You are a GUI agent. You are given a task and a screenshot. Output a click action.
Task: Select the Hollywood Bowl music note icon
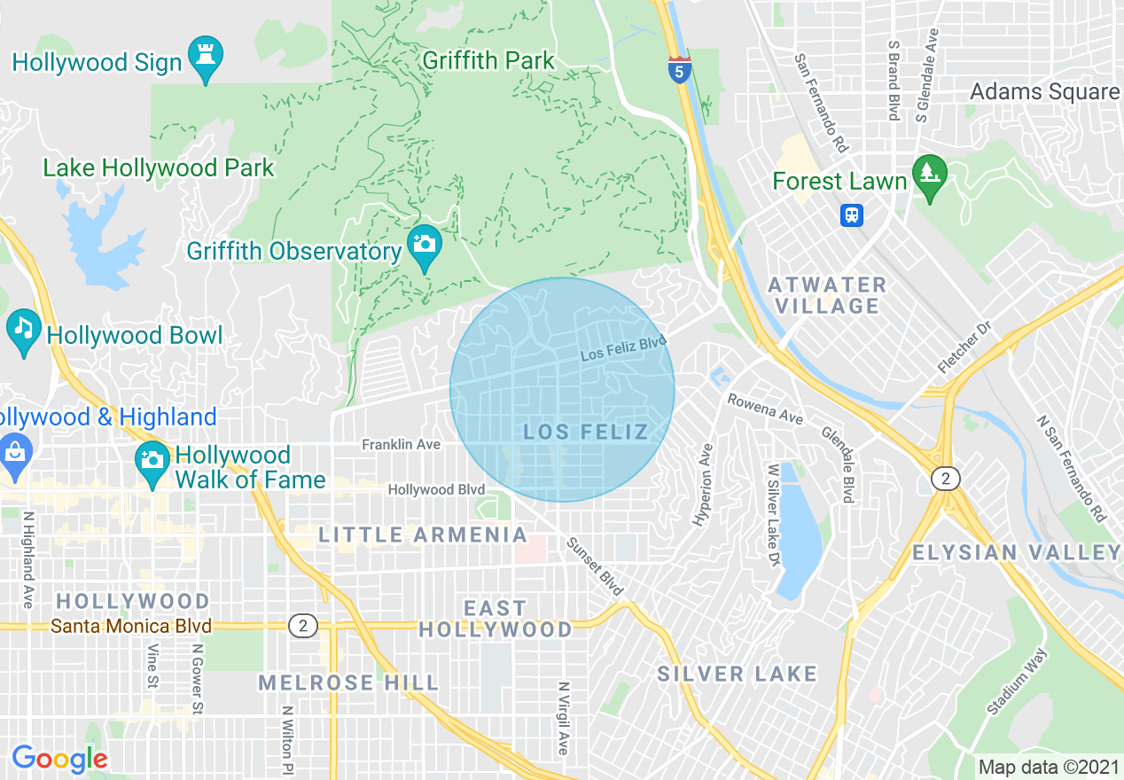pyautogui.click(x=23, y=331)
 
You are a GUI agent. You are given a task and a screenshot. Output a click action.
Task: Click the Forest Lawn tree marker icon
pyautogui.click(x=929, y=175)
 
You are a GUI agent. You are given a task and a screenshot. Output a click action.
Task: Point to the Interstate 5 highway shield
pyautogui.click(x=679, y=69)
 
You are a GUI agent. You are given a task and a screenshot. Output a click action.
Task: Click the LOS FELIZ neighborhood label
pyautogui.click(x=585, y=432)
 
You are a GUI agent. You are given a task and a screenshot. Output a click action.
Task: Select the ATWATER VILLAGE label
pyautogui.click(x=827, y=295)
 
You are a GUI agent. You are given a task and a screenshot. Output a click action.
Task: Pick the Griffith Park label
pyautogui.click(x=488, y=61)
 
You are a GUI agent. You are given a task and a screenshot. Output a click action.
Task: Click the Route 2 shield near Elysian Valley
pyautogui.click(x=946, y=480)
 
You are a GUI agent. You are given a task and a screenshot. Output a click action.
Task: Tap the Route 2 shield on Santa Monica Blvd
pyautogui.click(x=303, y=626)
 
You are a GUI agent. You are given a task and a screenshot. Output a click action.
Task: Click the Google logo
pyautogui.click(x=59, y=759)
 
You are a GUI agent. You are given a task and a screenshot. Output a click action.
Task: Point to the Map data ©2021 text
pyautogui.click(x=1048, y=766)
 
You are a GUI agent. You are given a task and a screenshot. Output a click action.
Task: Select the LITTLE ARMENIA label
pyautogui.click(x=423, y=534)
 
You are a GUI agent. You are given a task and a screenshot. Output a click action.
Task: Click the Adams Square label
pyautogui.click(x=1044, y=91)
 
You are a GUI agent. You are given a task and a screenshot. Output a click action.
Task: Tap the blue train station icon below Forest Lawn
pyautogui.click(x=852, y=215)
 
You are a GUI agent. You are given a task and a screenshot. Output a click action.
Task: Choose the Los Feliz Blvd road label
pyautogui.click(x=622, y=347)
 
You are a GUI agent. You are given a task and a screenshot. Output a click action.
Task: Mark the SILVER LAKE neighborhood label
pyautogui.click(x=737, y=674)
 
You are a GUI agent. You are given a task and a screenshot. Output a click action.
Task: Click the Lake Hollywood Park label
pyautogui.click(x=159, y=168)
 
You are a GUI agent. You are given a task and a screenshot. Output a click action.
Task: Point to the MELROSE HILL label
pyautogui.click(x=348, y=682)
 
